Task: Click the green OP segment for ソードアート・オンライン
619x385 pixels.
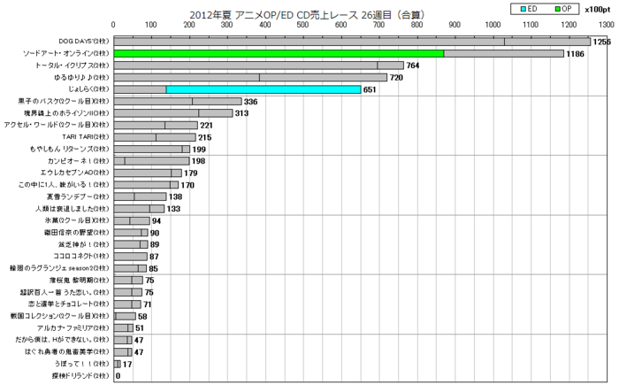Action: tap(279, 53)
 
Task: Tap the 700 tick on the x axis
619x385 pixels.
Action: tap(379, 27)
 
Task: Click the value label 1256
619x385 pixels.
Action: tap(602, 42)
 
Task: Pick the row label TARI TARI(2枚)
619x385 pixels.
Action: tap(87, 137)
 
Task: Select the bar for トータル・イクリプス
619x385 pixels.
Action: tap(259, 65)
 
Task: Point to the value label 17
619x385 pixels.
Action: tap(127, 364)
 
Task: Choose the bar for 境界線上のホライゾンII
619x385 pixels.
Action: tap(174, 113)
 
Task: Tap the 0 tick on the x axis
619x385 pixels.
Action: tap(114, 27)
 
